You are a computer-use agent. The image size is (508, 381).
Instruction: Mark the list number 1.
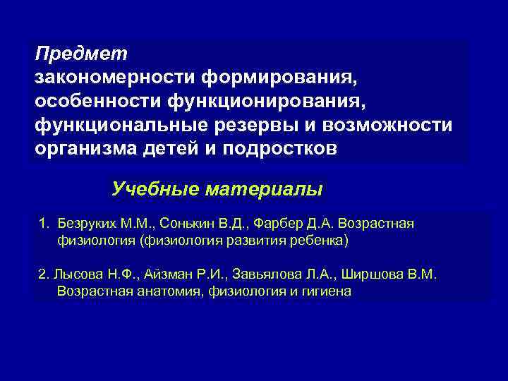[x=43, y=224]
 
